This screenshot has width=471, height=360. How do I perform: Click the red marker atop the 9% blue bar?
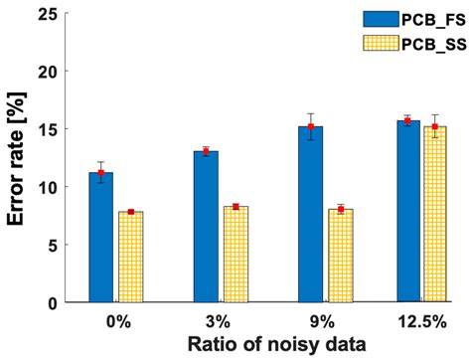[310, 126]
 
